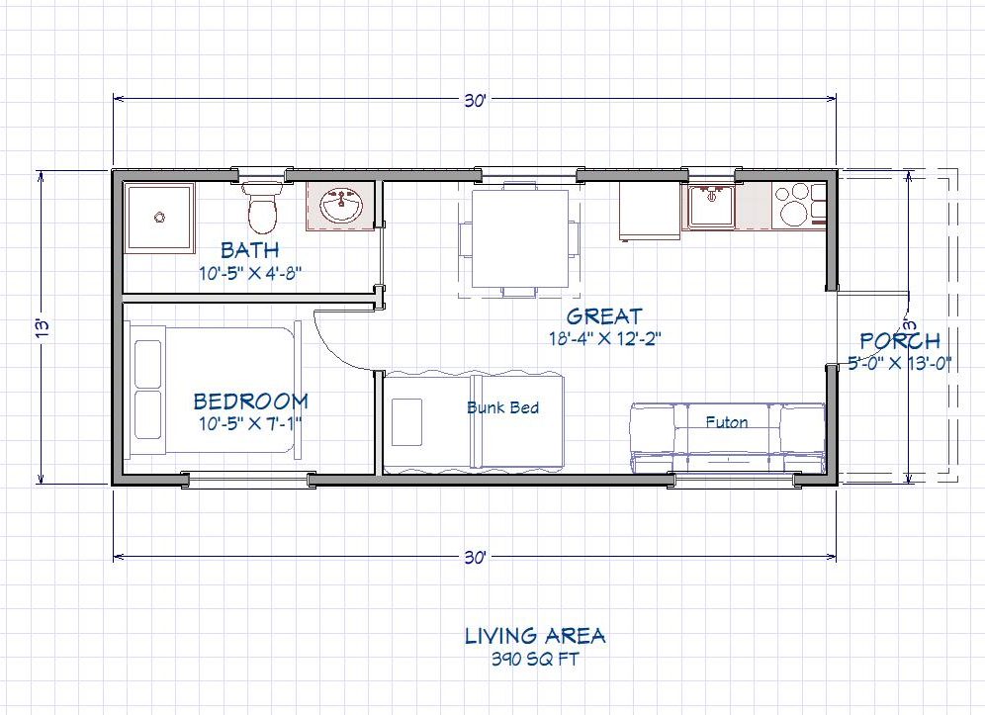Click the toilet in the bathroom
pyautogui.click(x=262, y=209)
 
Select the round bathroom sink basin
pyautogui.click(x=342, y=207)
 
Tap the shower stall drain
pyautogui.click(x=158, y=215)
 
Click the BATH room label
pyautogui.click(x=249, y=250)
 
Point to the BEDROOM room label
pyautogui.click(x=250, y=402)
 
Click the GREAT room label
pyautogui.click(x=604, y=316)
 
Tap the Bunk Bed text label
pyautogui.click(x=502, y=407)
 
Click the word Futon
pyautogui.click(x=726, y=421)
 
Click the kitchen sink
pyautogui.click(x=710, y=207)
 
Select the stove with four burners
pyautogui.click(x=799, y=206)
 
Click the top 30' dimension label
pyautogui.click(x=475, y=100)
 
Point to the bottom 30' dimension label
pyautogui.click(x=475, y=558)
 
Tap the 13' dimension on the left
pyautogui.click(x=41, y=326)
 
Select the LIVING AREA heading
pyautogui.click(x=535, y=635)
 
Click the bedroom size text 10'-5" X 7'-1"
pyautogui.click(x=249, y=423)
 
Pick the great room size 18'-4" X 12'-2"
pyautogui.click(x=604, y=338)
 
